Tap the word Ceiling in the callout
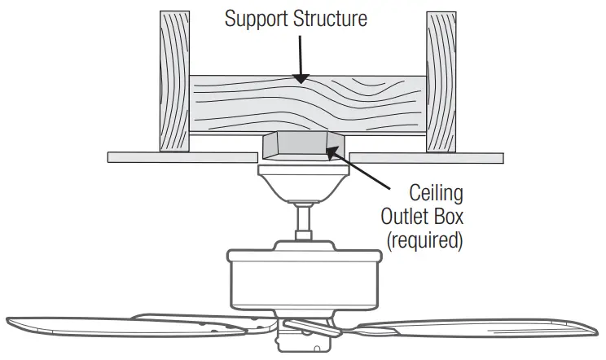click(x=436, y=194)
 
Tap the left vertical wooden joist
click(x=173, y=81)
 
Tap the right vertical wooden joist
click(x=440, y=81)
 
